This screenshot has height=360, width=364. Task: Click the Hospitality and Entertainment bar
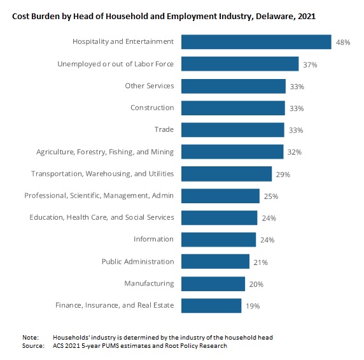coord(256,42)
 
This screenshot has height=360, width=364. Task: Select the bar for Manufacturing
coord(213,284)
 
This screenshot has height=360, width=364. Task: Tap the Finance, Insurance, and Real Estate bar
coord(211,306)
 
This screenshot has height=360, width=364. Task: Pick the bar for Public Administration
coord(216,261)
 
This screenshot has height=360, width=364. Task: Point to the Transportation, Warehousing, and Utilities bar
coord(227,174)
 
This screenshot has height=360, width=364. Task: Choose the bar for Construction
coord(233,108)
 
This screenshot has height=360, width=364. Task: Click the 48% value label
coord(343,42)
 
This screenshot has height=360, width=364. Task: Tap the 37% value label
coord(310,64)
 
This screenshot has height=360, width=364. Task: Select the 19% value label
coord(253,306)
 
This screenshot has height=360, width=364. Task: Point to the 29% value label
coord(283,175)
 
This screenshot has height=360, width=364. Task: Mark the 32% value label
coord(295,152)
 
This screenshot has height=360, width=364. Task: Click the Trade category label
coord(164,129)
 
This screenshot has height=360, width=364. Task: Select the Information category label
coord(153,239)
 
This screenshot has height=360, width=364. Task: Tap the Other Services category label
coord(150,86)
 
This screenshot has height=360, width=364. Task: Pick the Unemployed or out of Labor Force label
coord(116,64)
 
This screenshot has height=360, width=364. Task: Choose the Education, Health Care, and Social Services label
coord(102,217)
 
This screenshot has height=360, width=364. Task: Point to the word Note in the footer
coord(31,337)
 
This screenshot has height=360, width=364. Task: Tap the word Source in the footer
coord(33,345)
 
